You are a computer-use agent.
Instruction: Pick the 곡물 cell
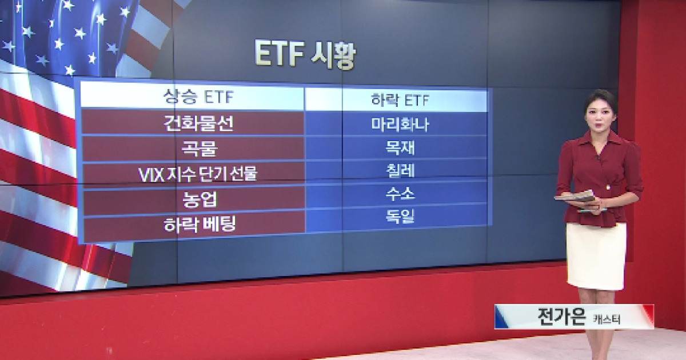coord(194,149)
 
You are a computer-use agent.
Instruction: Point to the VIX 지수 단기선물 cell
coord(197,174)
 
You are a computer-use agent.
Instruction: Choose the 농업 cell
coord(194,199)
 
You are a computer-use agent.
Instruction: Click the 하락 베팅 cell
coord(194,225)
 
